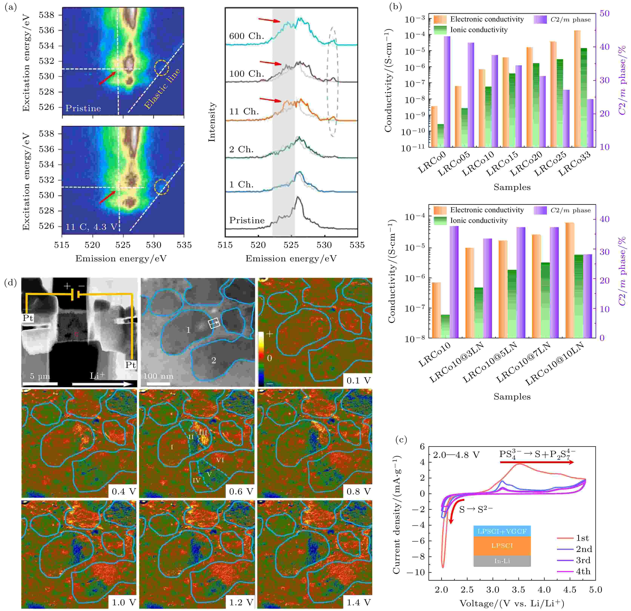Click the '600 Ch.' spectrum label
click(246, 36)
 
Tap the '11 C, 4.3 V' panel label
click(91, 227)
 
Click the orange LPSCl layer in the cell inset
click(502, 546)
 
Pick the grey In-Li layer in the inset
click(502, 561)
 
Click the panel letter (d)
click(11, 283)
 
